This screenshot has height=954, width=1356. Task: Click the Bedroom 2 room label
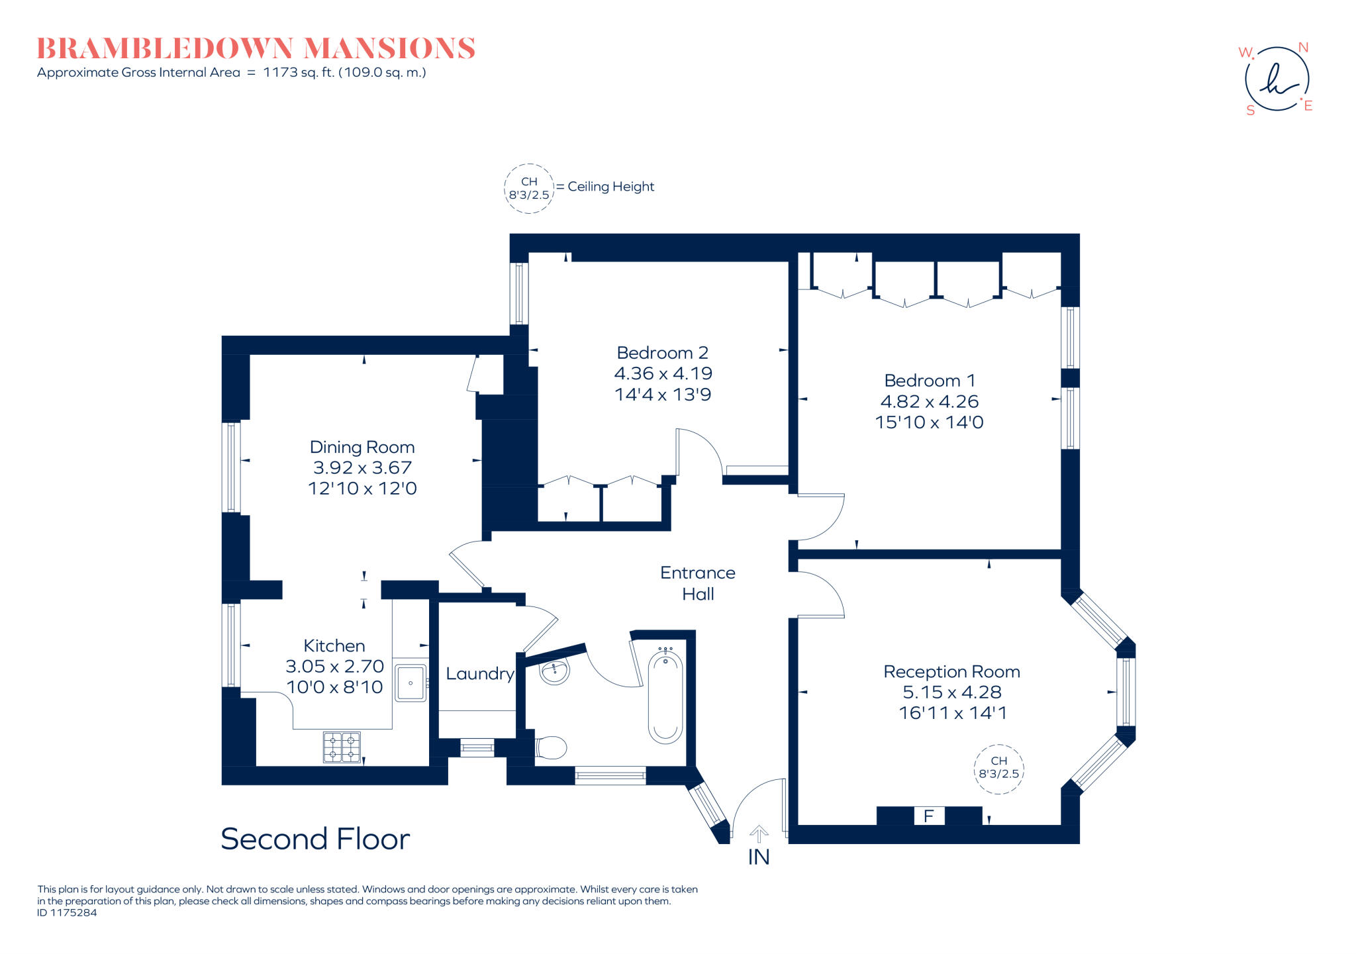pyautogui.click(x=662, y=353)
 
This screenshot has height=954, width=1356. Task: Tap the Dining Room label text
pyautogui.click(x=362, y=448)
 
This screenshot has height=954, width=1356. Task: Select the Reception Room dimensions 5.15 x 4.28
pyautogui.click(x=951, y=692)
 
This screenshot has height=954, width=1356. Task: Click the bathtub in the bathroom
pyautogui.click(x=665, y=696)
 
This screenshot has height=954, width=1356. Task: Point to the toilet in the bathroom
pyautogui.click(x=551, y=748)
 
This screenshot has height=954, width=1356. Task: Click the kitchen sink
pyautogui.click(x=411, y=683)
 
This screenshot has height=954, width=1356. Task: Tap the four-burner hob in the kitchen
pyautogui.click(x=342, y=747)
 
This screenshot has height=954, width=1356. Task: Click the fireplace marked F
pyautogui.click(x=928, y=816)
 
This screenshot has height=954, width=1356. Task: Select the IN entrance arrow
pyautogui.click(x=759, y=834)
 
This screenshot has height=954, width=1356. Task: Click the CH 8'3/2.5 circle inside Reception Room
pyautogui.click(x=998, y=768)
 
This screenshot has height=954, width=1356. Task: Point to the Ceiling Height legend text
pyautogui.click(x=610, y=187)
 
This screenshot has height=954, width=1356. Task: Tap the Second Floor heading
pyautogui.click(x=315, y=839)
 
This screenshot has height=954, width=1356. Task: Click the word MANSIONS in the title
pyautogui.click(x=389, y=49)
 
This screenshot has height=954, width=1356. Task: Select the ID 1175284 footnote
pyautogui.click(x=67, y=913)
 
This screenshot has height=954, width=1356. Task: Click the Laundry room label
pyautogui.click(x=479, y=674)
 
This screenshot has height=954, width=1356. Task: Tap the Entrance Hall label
pyautogui.click(x=698, y=583)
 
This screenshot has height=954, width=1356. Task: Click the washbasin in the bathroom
pyautogui.click(x=555, y=671)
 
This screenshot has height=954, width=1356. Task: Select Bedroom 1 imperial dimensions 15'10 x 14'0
pyautogui.click(x=929, y=422)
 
